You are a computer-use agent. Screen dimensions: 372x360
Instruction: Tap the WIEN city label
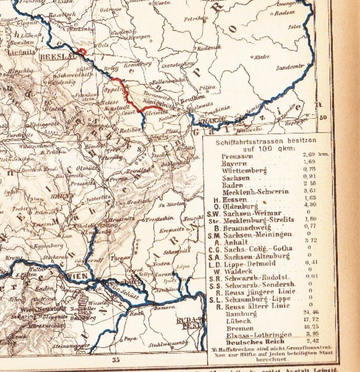coord(76,275)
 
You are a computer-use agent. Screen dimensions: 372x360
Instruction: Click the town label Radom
coord(285,14)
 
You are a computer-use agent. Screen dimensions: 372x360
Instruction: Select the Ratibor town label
coord(128,130)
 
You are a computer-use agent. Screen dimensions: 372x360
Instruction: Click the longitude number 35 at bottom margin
coord(116,360)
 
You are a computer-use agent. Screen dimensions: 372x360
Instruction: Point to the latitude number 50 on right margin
coord(323,117)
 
